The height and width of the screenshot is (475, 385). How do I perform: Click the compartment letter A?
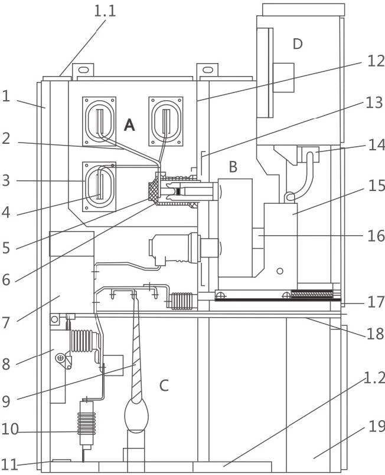[x=129, y=124]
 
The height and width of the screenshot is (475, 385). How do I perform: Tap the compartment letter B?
[x=233, y=167]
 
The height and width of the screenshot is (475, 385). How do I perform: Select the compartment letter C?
[x=164, y=385]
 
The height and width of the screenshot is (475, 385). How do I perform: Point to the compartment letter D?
[x=298, y=44]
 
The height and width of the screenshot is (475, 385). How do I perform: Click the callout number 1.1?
[x=105, y=11]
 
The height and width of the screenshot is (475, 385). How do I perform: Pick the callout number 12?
[x=376, y=61]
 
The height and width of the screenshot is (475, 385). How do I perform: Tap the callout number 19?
[x=377, y=427]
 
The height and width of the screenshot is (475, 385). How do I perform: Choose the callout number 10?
[x=9, y=429]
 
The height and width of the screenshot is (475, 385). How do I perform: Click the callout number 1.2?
[x=374, y=378]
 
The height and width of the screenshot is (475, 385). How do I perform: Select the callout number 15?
[x=377, y=185]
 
